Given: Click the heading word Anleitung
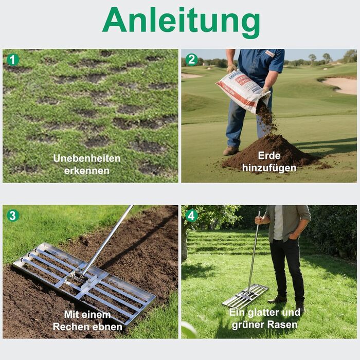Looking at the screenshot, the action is (181, 22).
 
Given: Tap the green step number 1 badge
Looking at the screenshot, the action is (13, 60).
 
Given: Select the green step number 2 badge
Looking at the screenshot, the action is (191, 60).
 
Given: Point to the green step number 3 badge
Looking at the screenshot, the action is (13, 215).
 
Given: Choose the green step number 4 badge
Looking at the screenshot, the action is (191, 215).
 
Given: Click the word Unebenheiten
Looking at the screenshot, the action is (87, 158).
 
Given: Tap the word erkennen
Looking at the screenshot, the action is (87, 171).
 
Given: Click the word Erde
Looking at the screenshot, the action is (269, 155).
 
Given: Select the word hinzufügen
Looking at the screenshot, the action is (269, 168).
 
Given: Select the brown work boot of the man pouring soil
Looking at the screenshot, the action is (230, 151).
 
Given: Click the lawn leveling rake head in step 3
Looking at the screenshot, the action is (84, 283).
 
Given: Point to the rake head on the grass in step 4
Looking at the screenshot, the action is (245, 296).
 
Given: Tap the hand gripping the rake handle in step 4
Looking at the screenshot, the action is (259, 220).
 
